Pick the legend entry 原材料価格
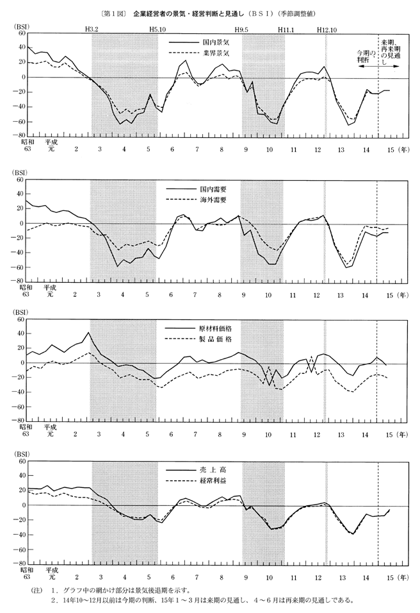(x=214, y=328)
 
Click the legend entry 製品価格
(x=214, y=339)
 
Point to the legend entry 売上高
(x=214, y=470)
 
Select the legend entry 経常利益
(x=214, y=481)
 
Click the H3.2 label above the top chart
(x=92, y=29)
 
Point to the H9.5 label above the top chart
(x=241, y=29)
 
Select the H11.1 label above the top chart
(x=286, y=29)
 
